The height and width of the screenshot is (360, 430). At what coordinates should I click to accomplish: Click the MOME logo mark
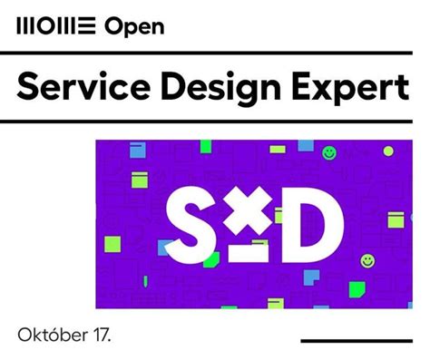click(55, 26)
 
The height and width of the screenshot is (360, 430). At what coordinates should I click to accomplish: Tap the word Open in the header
click(134, 26)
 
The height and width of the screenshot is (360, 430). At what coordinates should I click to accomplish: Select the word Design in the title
click(227, 89)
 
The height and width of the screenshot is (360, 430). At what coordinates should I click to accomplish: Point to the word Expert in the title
click(354, 89)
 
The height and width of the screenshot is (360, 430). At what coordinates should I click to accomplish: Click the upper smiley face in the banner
click(329, 154)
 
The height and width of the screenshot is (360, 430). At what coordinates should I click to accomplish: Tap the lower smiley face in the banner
click(366, 261)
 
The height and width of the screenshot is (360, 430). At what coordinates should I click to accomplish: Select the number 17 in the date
click(102, 334)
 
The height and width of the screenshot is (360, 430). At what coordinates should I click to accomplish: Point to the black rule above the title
click(214, 54)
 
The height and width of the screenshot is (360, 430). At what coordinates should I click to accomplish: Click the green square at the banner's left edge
click(112, 243)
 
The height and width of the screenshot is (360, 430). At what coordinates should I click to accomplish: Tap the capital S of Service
click(29, 87)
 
